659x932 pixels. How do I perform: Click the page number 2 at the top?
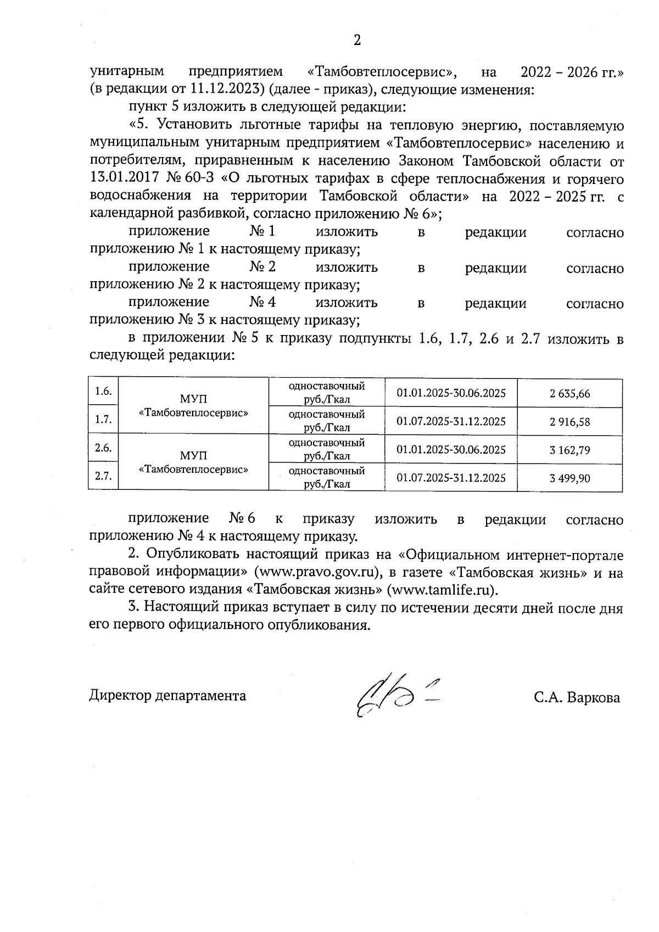click(x=357, y=40)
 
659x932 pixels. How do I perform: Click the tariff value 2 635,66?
click(x=569, y=394)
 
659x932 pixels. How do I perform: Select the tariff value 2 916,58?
click(x=569, y=422)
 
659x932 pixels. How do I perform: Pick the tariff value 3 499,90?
click(x=569, y=478)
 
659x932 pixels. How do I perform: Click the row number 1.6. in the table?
click(x=103, y=392)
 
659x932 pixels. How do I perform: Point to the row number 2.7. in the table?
click(x=103, y=477)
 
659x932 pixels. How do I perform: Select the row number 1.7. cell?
click(x=103, y=420)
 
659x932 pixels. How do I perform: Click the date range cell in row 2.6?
click(x=451, y=450)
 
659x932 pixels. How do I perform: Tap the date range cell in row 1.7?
click(x=451, y=422)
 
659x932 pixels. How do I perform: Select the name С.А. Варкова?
click(x=576, y=698)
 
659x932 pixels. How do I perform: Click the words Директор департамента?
click(x=167, y=696)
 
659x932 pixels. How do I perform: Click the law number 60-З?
click(x=203, y=179)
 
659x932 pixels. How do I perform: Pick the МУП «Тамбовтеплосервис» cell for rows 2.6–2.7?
click(x=193, y=462)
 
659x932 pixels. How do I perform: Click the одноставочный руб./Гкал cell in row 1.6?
click(x=327, y=393)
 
